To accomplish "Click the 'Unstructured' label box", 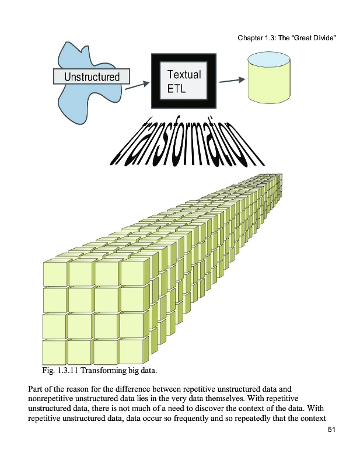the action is click(x=92, y=76).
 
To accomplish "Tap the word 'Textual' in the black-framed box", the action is click(x=184, y=75).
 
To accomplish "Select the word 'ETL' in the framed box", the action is click(x=176, y=89).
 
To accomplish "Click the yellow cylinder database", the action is click(x=269, y=78).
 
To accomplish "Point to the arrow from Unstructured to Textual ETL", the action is click(x=137, y=85).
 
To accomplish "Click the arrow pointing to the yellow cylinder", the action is click(x=232, y=81).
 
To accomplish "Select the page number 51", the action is click(x=331, y=430).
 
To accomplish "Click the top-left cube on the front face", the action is click(x=55, y=273).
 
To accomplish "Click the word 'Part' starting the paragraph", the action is click(x=34, y=389).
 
